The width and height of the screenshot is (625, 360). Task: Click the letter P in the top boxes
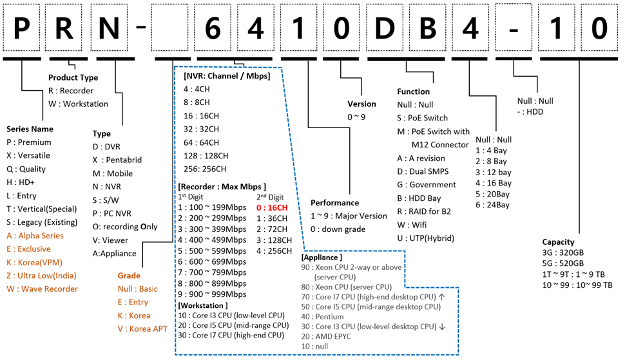pyautogui.click(x=23, y=28)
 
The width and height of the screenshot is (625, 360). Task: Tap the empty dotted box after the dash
pyautogui.click(x=173, y=28)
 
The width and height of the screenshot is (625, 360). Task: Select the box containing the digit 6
pyautogui.click(x=215, y=28)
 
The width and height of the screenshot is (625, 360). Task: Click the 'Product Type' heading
pyautogui.click(x=73, y=78)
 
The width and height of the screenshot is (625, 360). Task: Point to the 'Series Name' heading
pyautogui.click(x=30, y=129)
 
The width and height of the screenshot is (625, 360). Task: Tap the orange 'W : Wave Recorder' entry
pyautogui.click(x=42, y=289)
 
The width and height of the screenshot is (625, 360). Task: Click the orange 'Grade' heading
pyautogui.click(x=129, y=275)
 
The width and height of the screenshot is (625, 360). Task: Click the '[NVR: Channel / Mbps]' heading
pyautogui.click(x=226, y=76)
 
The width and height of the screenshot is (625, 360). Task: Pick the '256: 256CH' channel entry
pyautogui.click(x=206, y=169)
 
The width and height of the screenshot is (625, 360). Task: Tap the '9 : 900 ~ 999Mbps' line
pyautogui.click(x=213, y=294)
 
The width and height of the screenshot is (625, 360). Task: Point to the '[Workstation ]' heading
pyautogui.click(x=203, y=304)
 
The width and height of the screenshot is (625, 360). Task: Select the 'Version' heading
pyautogui.click(x=361, y=104)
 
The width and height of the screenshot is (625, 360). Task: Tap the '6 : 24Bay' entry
pyautogui.click(x=492, y=205)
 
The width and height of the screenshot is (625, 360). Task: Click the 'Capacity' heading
pyautogui.click(x=559, y=242)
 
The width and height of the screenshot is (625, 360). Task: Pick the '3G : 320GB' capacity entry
pyautogui.click(x=563, y=252)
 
